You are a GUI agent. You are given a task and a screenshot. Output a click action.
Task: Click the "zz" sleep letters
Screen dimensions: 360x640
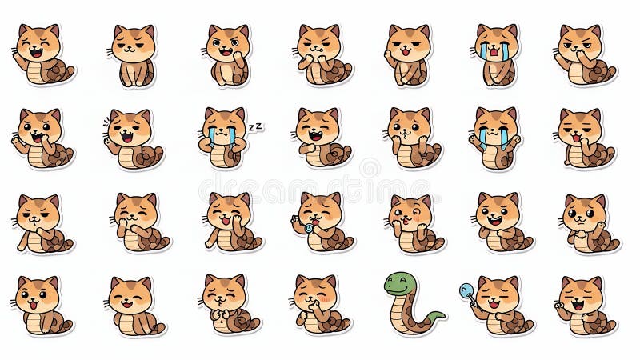click(x=254, y=126)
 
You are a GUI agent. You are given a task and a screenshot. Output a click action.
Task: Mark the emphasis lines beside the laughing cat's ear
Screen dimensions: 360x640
click(x=106, y=121)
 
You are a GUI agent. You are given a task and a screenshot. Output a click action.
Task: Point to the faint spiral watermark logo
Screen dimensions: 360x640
click(x=370, y=167)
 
